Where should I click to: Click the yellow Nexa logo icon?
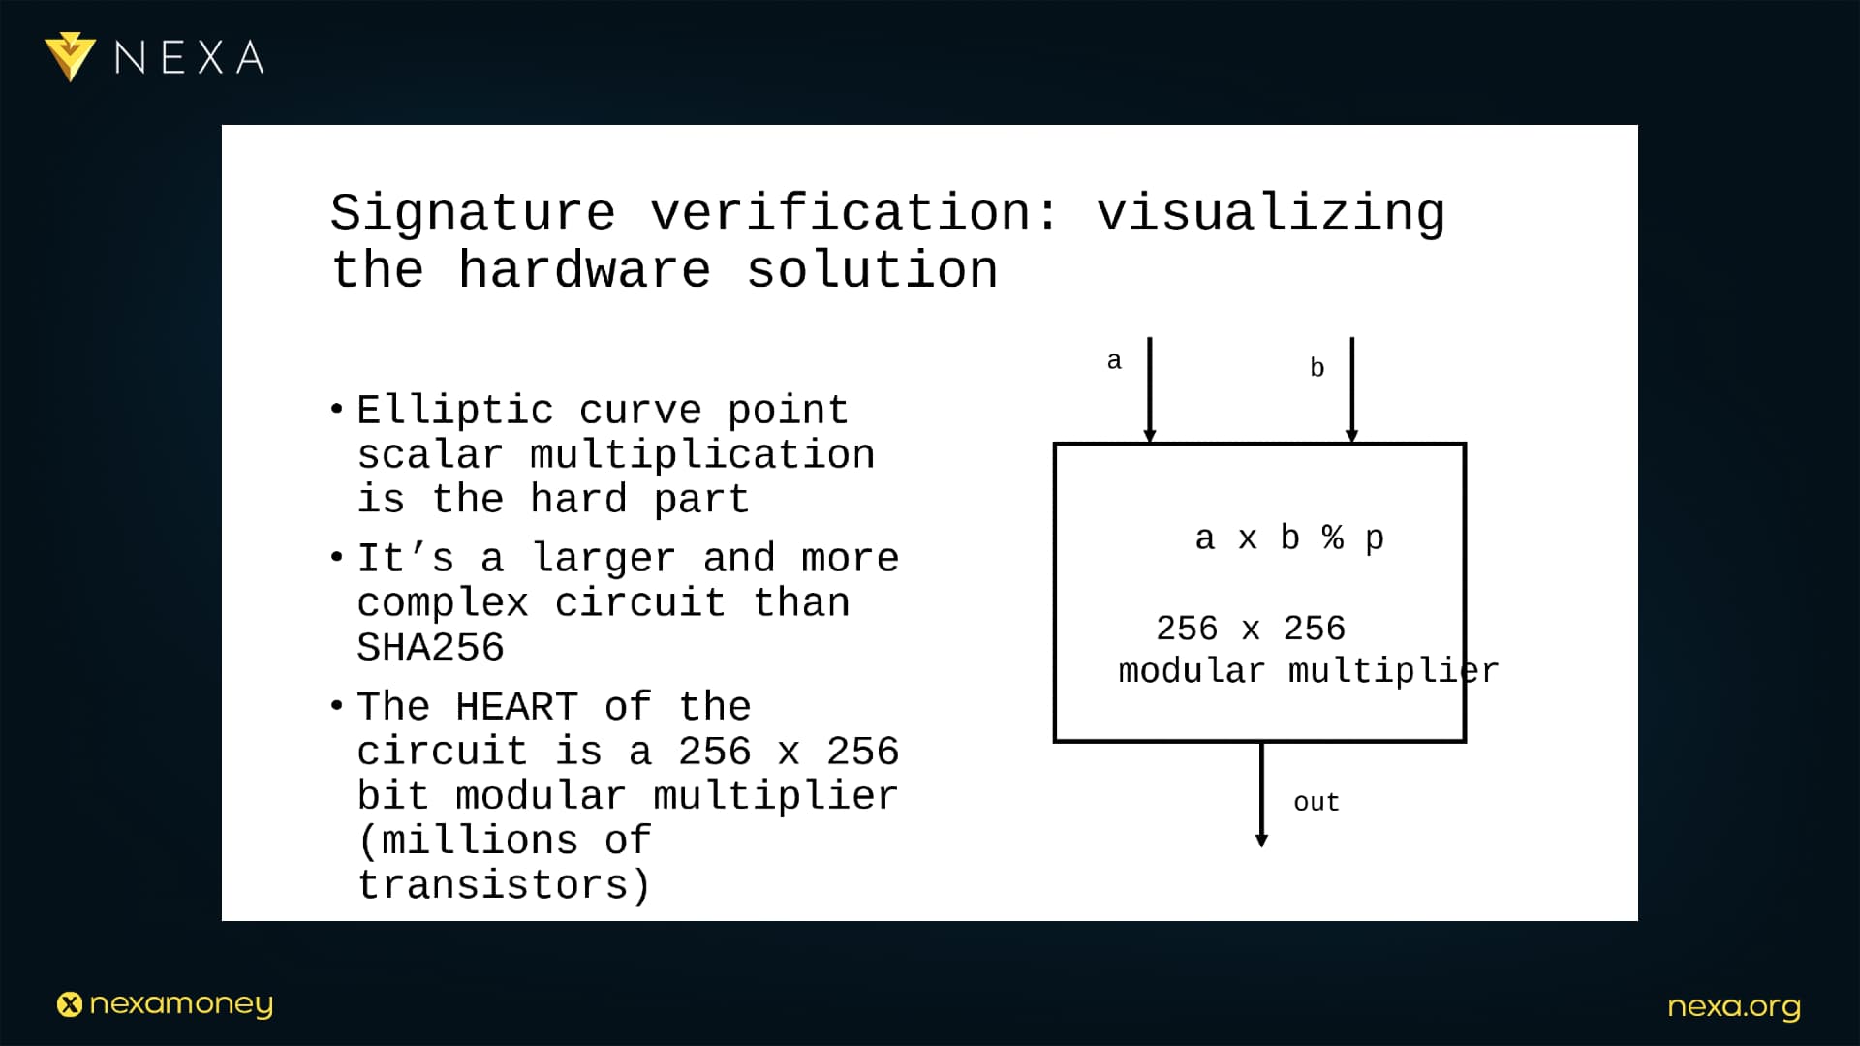(x=70, y=56)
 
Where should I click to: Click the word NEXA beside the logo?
(x=190, y=58)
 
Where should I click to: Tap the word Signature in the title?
(x=473, y=213)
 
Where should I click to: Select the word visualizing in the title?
(x=1271, y=213)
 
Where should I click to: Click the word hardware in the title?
(x=585, y=269)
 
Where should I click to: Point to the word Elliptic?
(x=455, y=410)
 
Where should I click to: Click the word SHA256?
(x=431, y=647)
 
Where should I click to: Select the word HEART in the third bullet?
(x=516, y=706)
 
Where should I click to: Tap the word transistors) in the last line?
(x=504, y=884)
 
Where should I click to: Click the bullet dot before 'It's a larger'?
(x=336, y=557)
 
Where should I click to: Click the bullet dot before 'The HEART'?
(x=336, y=705)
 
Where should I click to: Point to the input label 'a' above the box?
(x=1114, y=361)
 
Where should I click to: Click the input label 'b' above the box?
(x=1317, y=367)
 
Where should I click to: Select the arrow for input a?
(x=1150, y=390)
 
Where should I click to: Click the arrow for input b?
(x=1352, y=390)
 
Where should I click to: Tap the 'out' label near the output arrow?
(x=1317, y=802)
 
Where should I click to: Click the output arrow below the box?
(x=1261, y=795)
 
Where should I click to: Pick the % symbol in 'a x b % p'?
(x=1333, y=537)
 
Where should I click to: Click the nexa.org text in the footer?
(x=1734, y=1007)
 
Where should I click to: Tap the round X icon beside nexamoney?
(x=70, y=1004)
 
